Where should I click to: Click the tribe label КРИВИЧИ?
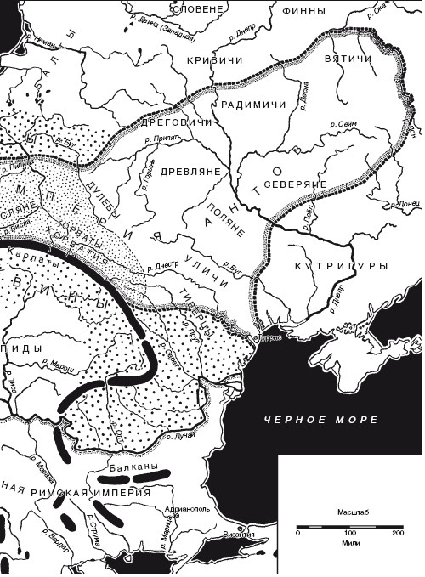210,62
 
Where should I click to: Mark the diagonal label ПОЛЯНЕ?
229,220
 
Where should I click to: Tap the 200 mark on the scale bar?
398,534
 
